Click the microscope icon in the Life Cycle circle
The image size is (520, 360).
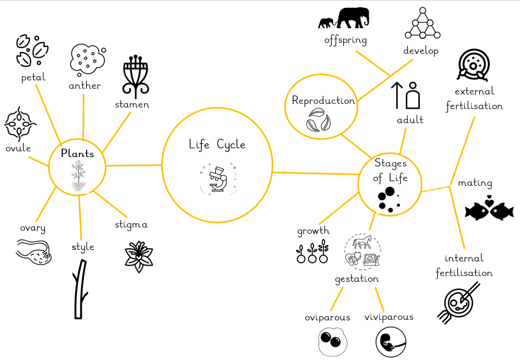(218, 179)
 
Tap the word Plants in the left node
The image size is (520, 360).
(77, 153)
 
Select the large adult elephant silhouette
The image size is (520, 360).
(353, 18)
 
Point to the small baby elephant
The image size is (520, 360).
(326, 23)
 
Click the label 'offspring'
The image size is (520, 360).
(346, 40)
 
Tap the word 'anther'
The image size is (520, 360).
(84, 86)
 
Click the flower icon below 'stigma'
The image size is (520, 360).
(139, 257)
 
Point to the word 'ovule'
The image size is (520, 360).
(18, 148)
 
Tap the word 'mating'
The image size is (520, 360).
(475, 183)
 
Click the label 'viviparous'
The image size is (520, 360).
(389, 317)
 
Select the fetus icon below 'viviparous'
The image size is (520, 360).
(391, 342)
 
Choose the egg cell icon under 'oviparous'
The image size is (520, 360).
(333, 342)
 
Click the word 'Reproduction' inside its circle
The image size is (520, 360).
(323, 101)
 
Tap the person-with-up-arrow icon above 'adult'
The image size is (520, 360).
(405, 95)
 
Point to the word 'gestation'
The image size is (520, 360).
(357, 279)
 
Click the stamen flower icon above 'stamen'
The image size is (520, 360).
(136, 76)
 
